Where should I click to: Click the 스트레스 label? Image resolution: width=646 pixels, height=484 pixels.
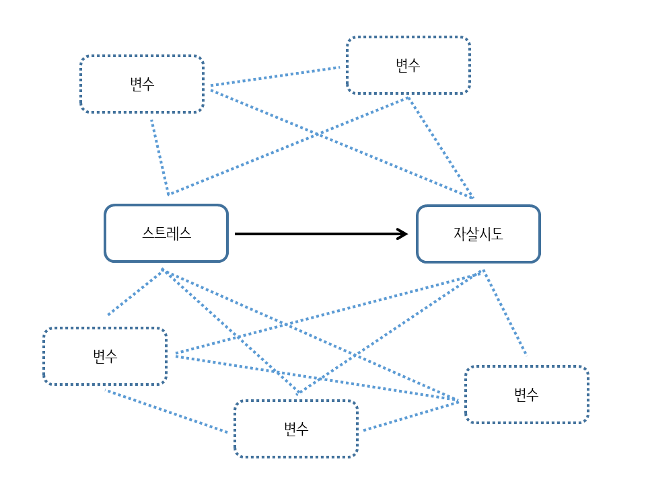click(166, 233)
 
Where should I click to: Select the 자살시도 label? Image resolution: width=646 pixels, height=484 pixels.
click(478, 234)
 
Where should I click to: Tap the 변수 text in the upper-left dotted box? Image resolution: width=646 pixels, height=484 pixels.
click(142, 84)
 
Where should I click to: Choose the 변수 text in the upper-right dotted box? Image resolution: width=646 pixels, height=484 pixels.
click(408, 65)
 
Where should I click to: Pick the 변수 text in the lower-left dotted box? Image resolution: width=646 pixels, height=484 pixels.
click(105, 356)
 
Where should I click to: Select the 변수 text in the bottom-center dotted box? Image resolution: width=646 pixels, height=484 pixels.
click(296, 429)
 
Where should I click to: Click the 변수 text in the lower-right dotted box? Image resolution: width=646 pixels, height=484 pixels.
click(526, 395)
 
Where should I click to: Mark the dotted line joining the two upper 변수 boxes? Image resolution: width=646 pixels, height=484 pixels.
click(275, 76)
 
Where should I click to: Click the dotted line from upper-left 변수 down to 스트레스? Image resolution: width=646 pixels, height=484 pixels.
click(160, 157)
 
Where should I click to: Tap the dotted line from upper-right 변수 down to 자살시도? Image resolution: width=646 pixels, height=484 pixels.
click(440, 147)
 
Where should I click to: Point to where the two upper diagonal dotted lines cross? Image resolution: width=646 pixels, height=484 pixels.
click(317, 134)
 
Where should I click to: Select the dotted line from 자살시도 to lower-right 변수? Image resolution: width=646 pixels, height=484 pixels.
click(505, 312)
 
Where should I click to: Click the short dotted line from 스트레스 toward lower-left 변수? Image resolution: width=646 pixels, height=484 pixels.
click(135, 292)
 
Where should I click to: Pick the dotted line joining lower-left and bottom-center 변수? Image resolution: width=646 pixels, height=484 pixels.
click(166, 411)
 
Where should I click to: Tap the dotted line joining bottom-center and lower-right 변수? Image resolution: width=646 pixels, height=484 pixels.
click(410, 416)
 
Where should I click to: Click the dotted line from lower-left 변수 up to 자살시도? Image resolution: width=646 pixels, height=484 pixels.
click(330, 312)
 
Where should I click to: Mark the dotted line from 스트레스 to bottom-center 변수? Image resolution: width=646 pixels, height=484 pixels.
click(230, 331)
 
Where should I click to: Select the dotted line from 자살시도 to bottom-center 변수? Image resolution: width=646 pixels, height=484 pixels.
click(390, 331)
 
